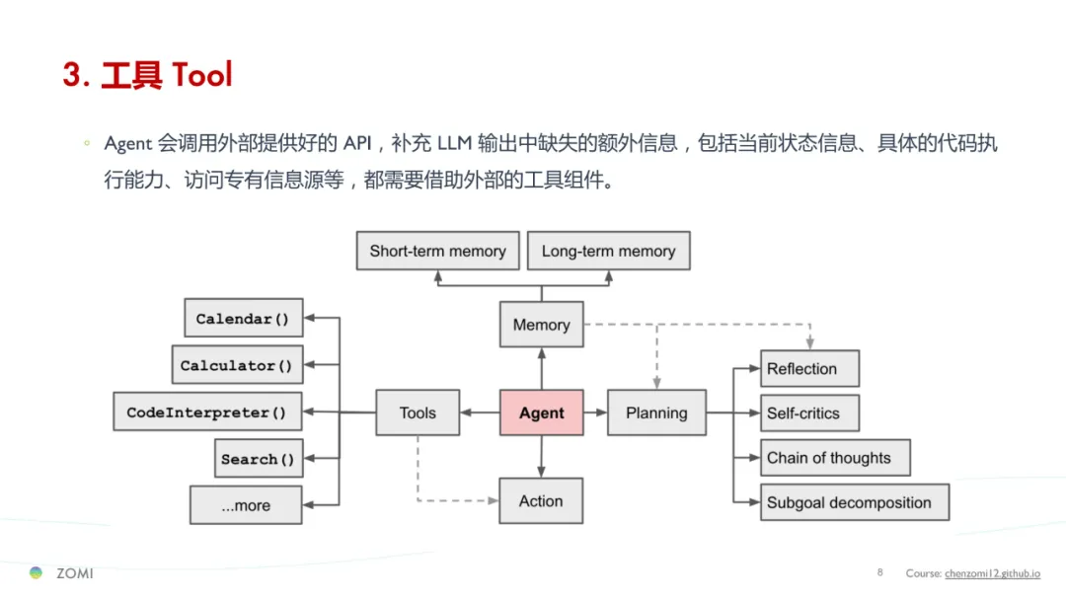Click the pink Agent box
tap(541, 412)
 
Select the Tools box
tap(418, 412)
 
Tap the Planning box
tap(656, 412)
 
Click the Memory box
tap(541, 325)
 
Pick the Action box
tap(541, 501)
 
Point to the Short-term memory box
tap(437, 251)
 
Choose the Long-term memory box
tap(608, 251)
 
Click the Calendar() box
tap(243, 319)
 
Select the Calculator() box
tap(237, 365)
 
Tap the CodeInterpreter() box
tap(207, 412)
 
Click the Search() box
tap(259, 459)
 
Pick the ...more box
tap(246, 505)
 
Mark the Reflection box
tap(808, 369)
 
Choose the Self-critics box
tap(808, 413)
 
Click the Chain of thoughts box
tap(834, 458)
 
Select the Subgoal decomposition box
tap(854, 502)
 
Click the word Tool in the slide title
tap(202, 74)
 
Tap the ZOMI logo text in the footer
tap(74, 573)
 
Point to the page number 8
tap(879, 572)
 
